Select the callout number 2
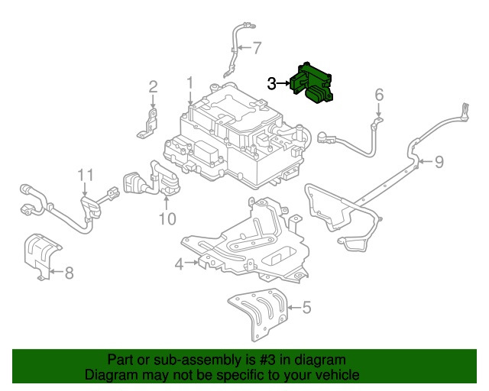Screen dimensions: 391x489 pyautogui.click(x=153, y=87)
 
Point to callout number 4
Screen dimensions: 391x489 pyautogui.click(x=179, y=264)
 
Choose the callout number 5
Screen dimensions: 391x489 pyautogui.click(x=306, y=309)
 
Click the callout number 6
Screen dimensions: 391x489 pyautogui.click(x=378, y=95)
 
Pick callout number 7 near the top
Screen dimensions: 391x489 pyautogui.click(x=257, y=48)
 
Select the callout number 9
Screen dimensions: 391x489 pyautogui.click(x=439, y=161)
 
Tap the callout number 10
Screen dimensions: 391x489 pyautogui.click(x=167, y=219)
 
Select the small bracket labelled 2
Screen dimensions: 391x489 pyautogui.click(x=151, y=124)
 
